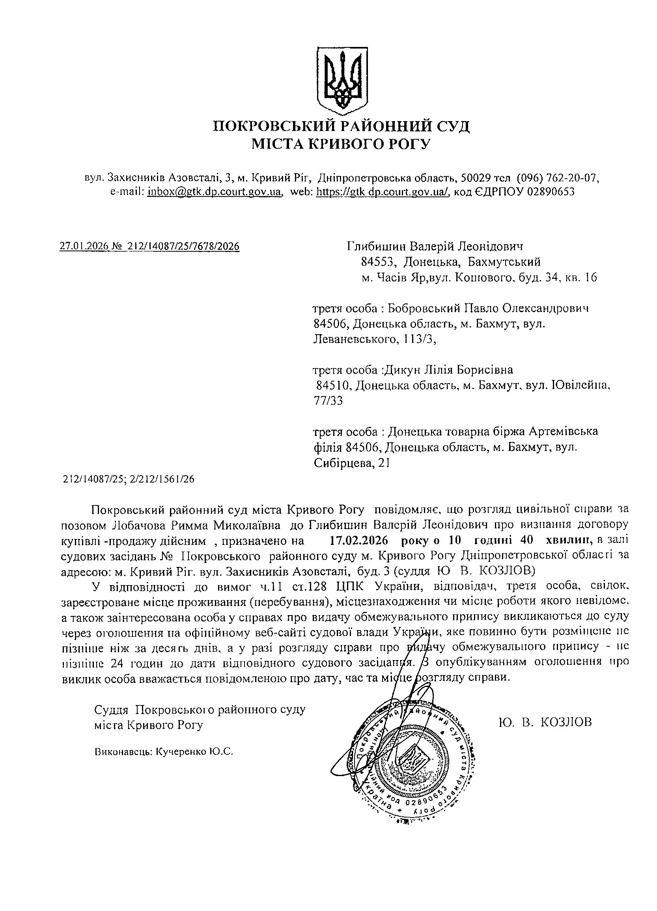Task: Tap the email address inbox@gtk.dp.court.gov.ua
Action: pyautogui.click(x=214, y=192)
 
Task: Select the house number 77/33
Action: pyautogui.click(x=327, y=401)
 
